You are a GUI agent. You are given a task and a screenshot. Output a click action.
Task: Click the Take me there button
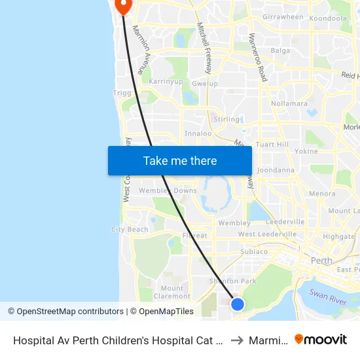pos(179,160)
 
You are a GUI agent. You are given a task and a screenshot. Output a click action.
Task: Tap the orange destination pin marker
pos(123,5)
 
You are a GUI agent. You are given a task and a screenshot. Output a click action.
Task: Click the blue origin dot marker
pos(238,304)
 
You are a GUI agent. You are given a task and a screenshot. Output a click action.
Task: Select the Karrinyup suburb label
pos(166,82)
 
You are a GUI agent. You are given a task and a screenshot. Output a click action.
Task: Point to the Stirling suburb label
pos(226,120)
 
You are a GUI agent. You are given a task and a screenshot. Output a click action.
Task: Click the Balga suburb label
pos(280,50)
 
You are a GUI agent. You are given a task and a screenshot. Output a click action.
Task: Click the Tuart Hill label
pos(272,144)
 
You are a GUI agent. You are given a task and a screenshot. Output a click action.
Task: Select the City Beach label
pos(130,230)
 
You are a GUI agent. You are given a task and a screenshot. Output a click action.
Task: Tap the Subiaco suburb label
pos(253,251)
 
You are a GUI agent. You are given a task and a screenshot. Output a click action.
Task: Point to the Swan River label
pos(328,299)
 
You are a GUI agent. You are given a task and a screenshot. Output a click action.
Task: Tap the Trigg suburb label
pos(122,93)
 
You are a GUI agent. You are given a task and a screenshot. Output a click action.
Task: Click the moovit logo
pos(320,339)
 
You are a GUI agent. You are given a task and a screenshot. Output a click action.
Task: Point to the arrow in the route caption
pos(237,340)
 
